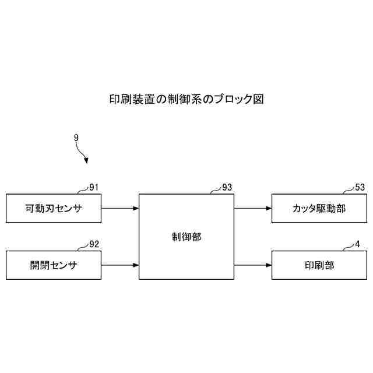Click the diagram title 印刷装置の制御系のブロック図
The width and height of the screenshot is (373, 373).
[186, 99]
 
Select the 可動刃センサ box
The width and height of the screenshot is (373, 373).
[53, 208]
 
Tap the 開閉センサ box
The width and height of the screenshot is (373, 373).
[53, 265]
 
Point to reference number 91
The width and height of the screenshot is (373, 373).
[94, 187]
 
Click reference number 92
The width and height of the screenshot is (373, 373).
[94, 244]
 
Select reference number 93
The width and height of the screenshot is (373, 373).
[227, 187]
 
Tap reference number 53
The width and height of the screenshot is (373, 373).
[360, 187]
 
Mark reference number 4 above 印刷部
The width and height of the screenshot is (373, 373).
[357, 244]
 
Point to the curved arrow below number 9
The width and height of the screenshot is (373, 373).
[83, 153]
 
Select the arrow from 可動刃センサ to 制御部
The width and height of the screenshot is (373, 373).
[120, 208]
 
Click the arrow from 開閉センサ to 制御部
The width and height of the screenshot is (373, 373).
[120, 265]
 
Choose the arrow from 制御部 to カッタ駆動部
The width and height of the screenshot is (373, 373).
[253, 208]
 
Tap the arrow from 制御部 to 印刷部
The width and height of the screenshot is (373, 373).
[253, 265]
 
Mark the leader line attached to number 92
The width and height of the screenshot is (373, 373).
[82, 248]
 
